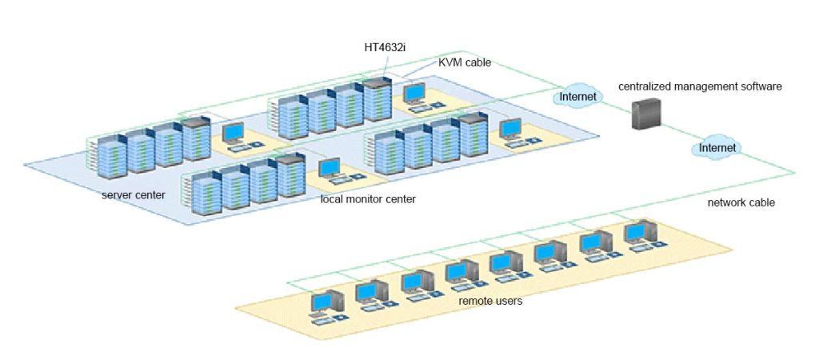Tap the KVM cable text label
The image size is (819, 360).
point(465,62)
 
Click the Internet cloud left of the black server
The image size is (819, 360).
point(577,97)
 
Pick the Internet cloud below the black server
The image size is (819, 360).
point(717,148)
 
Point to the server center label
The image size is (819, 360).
point(134,194)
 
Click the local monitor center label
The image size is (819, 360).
point(368,198)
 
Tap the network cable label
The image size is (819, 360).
point(741,202)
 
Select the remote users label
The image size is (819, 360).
point(490,301)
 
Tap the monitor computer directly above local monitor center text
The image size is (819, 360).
point(331,171)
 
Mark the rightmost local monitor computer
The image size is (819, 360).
point(511,131)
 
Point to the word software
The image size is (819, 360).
point(759,86)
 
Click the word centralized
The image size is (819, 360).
point(647,86)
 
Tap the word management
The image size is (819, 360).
point(705,86)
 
